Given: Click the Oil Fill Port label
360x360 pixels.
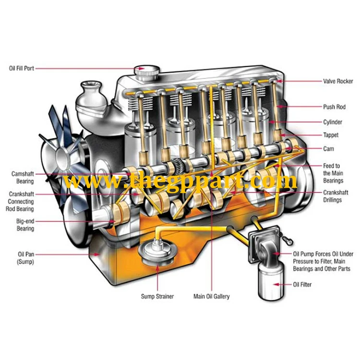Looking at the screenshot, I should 22,69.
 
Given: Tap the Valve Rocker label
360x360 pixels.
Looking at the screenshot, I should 337,82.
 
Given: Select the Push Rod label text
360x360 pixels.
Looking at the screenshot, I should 334,107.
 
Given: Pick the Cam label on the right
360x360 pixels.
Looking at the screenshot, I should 329,149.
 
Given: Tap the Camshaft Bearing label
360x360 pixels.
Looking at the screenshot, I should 23,178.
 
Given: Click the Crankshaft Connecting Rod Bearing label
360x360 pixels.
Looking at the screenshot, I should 21,202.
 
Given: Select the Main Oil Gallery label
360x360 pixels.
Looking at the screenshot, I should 211,296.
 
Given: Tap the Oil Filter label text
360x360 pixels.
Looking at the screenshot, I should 302,285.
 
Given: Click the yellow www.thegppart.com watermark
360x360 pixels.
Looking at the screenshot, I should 180,181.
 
